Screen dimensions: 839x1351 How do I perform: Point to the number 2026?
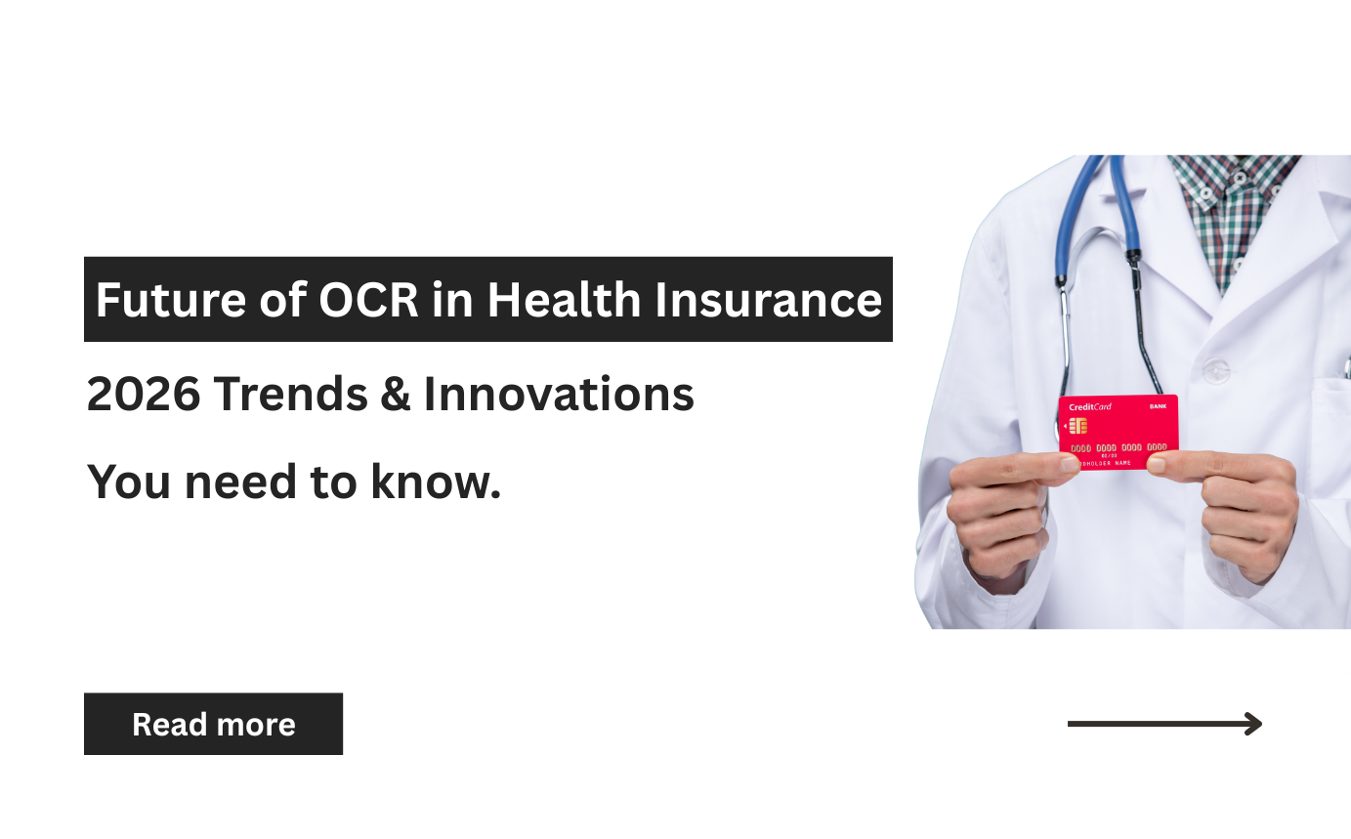144,395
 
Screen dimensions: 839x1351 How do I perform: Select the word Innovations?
559,395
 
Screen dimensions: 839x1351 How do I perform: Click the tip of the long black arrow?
1259,724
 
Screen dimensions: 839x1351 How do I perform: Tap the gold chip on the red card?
1078,426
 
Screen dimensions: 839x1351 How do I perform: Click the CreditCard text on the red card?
1090,406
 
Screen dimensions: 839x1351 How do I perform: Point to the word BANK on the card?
1158,406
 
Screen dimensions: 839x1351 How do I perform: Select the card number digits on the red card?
1119,447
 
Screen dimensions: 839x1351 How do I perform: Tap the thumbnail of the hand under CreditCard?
1072,465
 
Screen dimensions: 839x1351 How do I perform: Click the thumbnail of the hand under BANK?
1157,466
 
